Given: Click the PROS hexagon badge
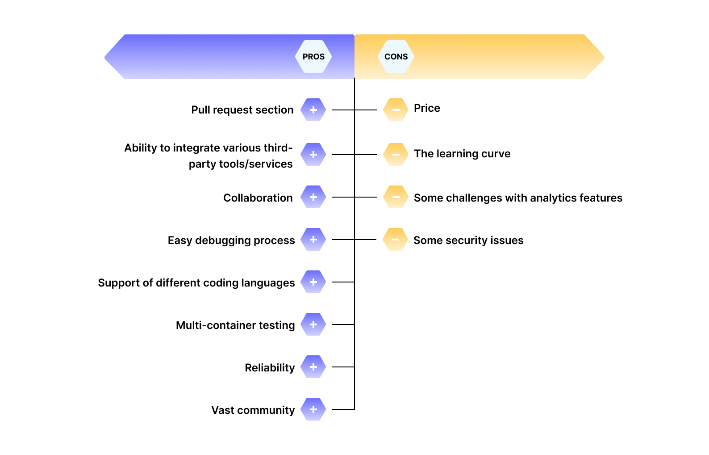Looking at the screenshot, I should [313, 57].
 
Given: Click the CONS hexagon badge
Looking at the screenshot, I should [396, 57].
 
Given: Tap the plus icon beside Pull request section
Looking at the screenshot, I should [313, 110].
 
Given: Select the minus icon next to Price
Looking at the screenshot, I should [396, 110].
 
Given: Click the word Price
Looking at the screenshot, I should [427, 108].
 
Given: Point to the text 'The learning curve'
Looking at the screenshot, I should [462, 154].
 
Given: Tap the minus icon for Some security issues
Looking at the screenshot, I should [396, 240].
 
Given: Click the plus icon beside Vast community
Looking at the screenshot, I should [313, 409].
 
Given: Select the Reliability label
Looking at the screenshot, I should [270, 368].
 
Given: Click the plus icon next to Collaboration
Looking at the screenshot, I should [313, 197].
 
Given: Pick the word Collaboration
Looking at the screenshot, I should [258, 198].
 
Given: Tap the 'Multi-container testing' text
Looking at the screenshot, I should [235, 325].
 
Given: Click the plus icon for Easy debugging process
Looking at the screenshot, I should [313, 240].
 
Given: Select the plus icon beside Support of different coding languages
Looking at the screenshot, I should [313, 282].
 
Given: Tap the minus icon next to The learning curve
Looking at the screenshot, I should [396, 155].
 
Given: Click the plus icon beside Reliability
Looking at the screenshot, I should [313, 367].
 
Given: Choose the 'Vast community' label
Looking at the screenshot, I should [253, 410].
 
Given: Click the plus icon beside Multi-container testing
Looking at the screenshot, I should [313, 324].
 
